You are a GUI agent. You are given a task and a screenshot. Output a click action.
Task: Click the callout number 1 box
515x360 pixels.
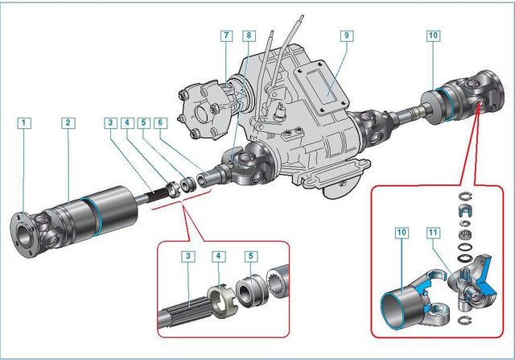click(23, 123)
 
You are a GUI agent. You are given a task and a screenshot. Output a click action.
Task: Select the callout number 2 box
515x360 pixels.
click(68, 123)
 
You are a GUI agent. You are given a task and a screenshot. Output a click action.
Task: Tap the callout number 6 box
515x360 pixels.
click(160, 123)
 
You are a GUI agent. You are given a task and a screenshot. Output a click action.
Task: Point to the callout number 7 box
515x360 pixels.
click(226, 35)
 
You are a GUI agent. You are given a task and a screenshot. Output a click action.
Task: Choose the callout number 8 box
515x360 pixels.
click(249, 35)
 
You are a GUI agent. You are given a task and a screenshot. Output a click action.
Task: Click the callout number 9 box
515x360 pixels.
click(347, 35)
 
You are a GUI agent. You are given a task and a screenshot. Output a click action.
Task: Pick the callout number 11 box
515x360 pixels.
click(433, 233)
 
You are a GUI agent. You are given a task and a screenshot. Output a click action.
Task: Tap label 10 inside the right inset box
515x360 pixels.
click(402, 233)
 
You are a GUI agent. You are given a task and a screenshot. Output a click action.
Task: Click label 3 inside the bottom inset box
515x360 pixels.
click(188, 256)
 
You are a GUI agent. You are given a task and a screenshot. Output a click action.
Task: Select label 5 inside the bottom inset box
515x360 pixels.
click(251, 256)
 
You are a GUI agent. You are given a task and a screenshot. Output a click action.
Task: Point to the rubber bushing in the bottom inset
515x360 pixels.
click(251, 292)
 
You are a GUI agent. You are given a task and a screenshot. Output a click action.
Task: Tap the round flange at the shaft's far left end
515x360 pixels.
click(23, 234)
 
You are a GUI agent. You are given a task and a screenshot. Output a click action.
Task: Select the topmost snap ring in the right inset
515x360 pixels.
click(465, 197)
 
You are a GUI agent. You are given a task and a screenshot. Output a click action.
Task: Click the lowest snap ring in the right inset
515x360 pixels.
click(464, 320)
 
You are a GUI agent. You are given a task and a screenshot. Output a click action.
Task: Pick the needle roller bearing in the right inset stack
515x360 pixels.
click(465, 235)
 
